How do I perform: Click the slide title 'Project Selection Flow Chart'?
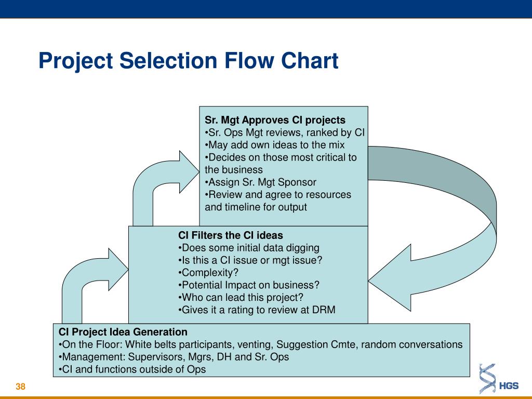[x=188, y=61]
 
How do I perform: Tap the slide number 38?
[x=21, y=387]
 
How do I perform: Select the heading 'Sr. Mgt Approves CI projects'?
[x=275, y=120]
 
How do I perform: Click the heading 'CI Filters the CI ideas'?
[x=231, y=235]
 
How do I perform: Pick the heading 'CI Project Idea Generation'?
[x=123, y=331]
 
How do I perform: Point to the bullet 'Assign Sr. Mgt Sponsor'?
[x=260, y=182]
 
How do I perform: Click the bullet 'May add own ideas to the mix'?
[x=275, y=145]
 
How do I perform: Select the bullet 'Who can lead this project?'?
[x=240, y=297]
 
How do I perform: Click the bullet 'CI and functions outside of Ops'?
[x=132, y=369]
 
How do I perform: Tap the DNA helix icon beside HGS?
[x=487, y=379]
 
